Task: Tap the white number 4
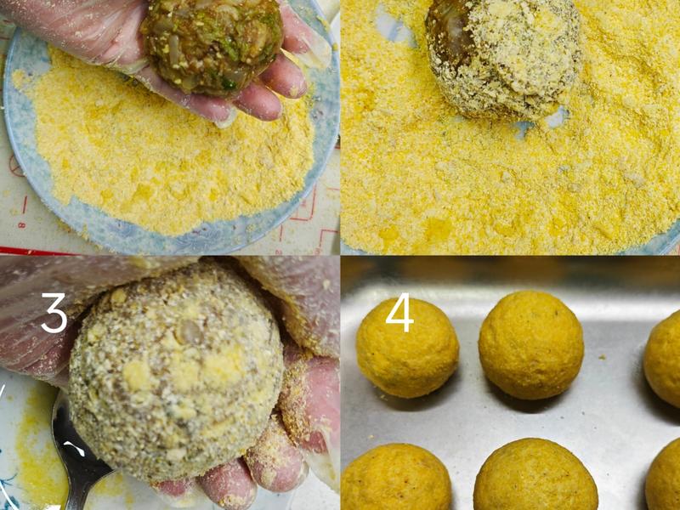[x=399, y=312]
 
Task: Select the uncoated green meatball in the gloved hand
[x=212, y=46]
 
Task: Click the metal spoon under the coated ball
[x=78, y=460]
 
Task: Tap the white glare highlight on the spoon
[x=75, y=448]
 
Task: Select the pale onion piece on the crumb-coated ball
[x=190, y=333]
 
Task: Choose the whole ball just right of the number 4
[x=530, y=345]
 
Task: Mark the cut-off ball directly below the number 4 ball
[x=397, y=477]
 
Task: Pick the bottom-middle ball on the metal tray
[x=535, y=475]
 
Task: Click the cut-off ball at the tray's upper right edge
[x=663, y=358]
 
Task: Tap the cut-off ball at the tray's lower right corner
[x=664, y=479]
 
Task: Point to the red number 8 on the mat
[x=20, y=224]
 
